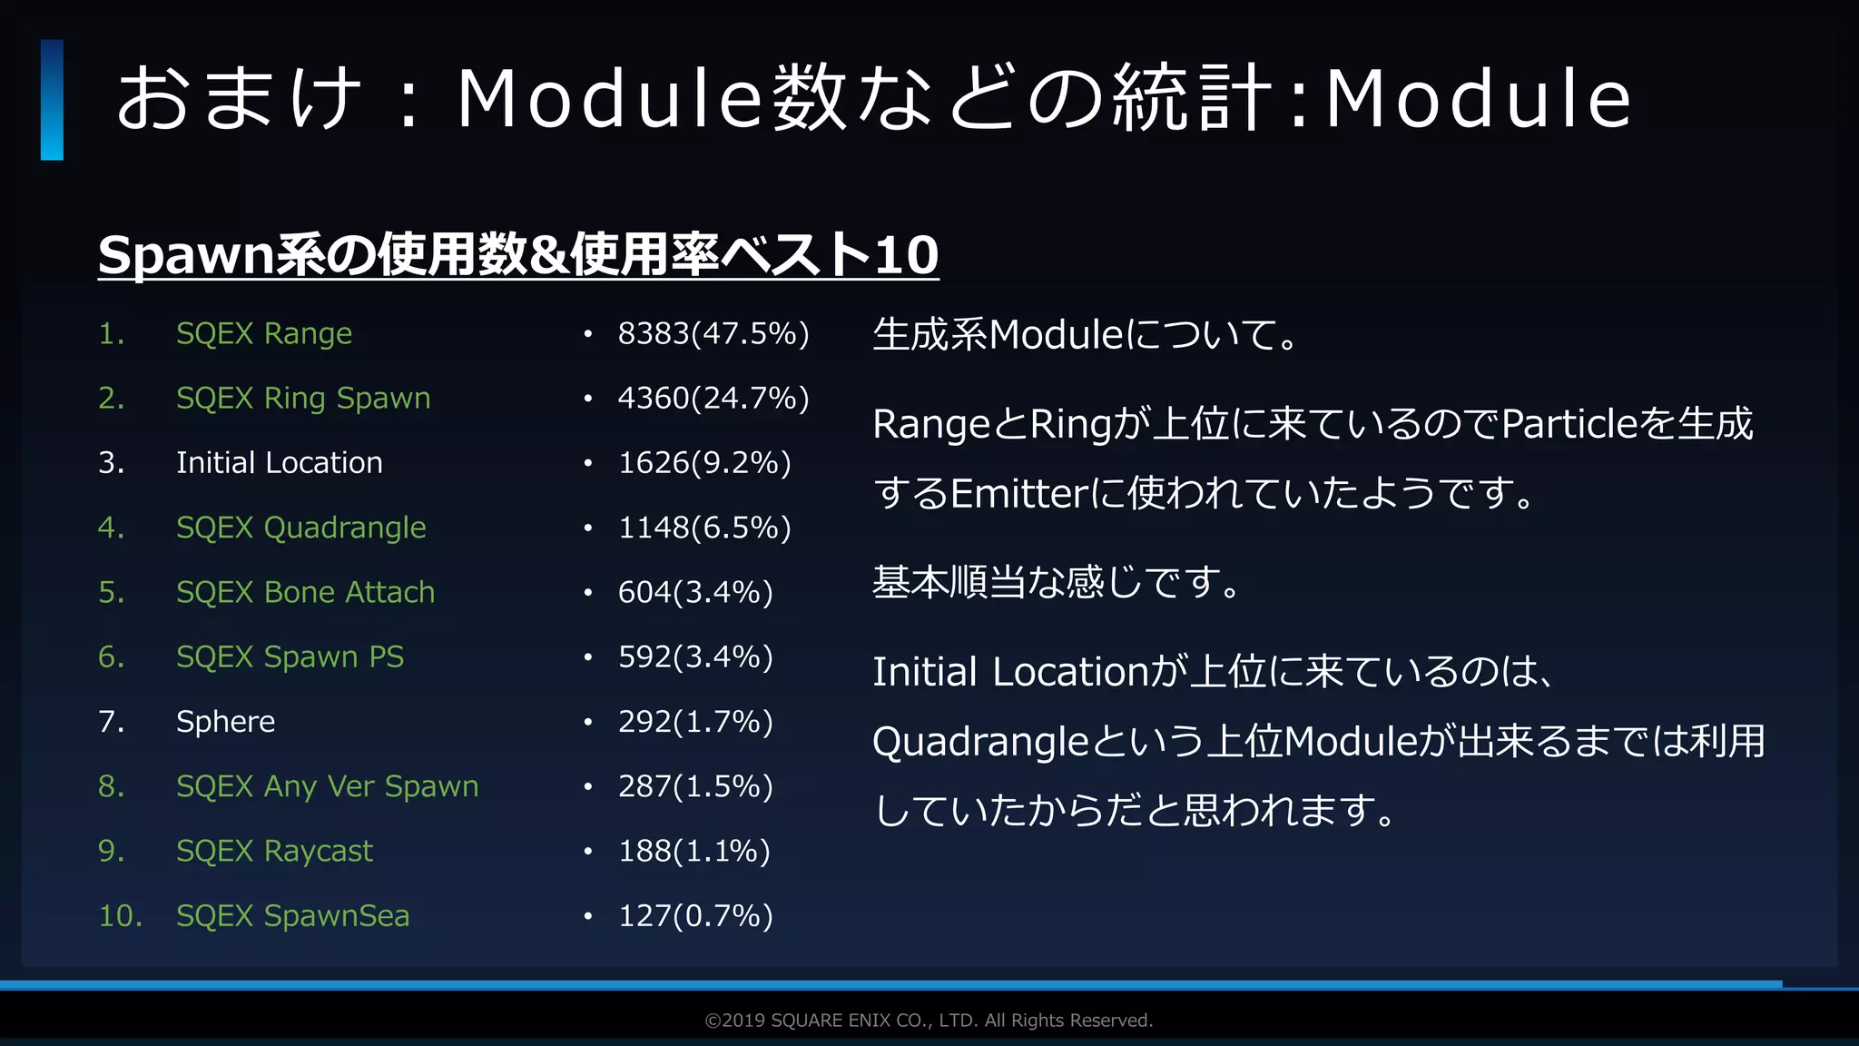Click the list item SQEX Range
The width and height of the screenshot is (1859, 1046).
click(263, 334)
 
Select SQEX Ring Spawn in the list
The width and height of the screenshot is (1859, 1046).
click(303, 399)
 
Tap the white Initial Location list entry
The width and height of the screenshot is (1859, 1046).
click(279, 463)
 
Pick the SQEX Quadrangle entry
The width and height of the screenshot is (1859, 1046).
click(300, 528)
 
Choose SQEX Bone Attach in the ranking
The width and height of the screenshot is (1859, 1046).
click(305, 592)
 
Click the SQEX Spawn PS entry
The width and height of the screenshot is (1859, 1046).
click(290, 656)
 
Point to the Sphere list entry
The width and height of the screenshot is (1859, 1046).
click(225, 722)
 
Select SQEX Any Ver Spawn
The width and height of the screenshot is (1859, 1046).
click(327, 786)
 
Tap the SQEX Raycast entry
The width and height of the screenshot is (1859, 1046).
click(274, 851)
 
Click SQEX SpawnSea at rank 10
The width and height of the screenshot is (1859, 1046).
click(292, 915)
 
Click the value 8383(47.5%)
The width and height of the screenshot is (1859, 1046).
click(713, 334)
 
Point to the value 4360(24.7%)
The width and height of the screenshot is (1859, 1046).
click(713, 399)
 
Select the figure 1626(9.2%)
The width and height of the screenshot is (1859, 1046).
click(704, 463)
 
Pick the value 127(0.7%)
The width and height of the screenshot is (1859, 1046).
click(695, 915)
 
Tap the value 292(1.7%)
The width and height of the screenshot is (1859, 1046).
click(695, 722)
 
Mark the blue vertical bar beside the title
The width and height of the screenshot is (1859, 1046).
click(52, 100)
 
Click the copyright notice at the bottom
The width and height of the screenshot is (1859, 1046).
click(929, 1021)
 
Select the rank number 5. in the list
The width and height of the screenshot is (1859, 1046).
click(111, 592)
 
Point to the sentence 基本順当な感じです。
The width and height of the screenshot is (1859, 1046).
click(1056, 582)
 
